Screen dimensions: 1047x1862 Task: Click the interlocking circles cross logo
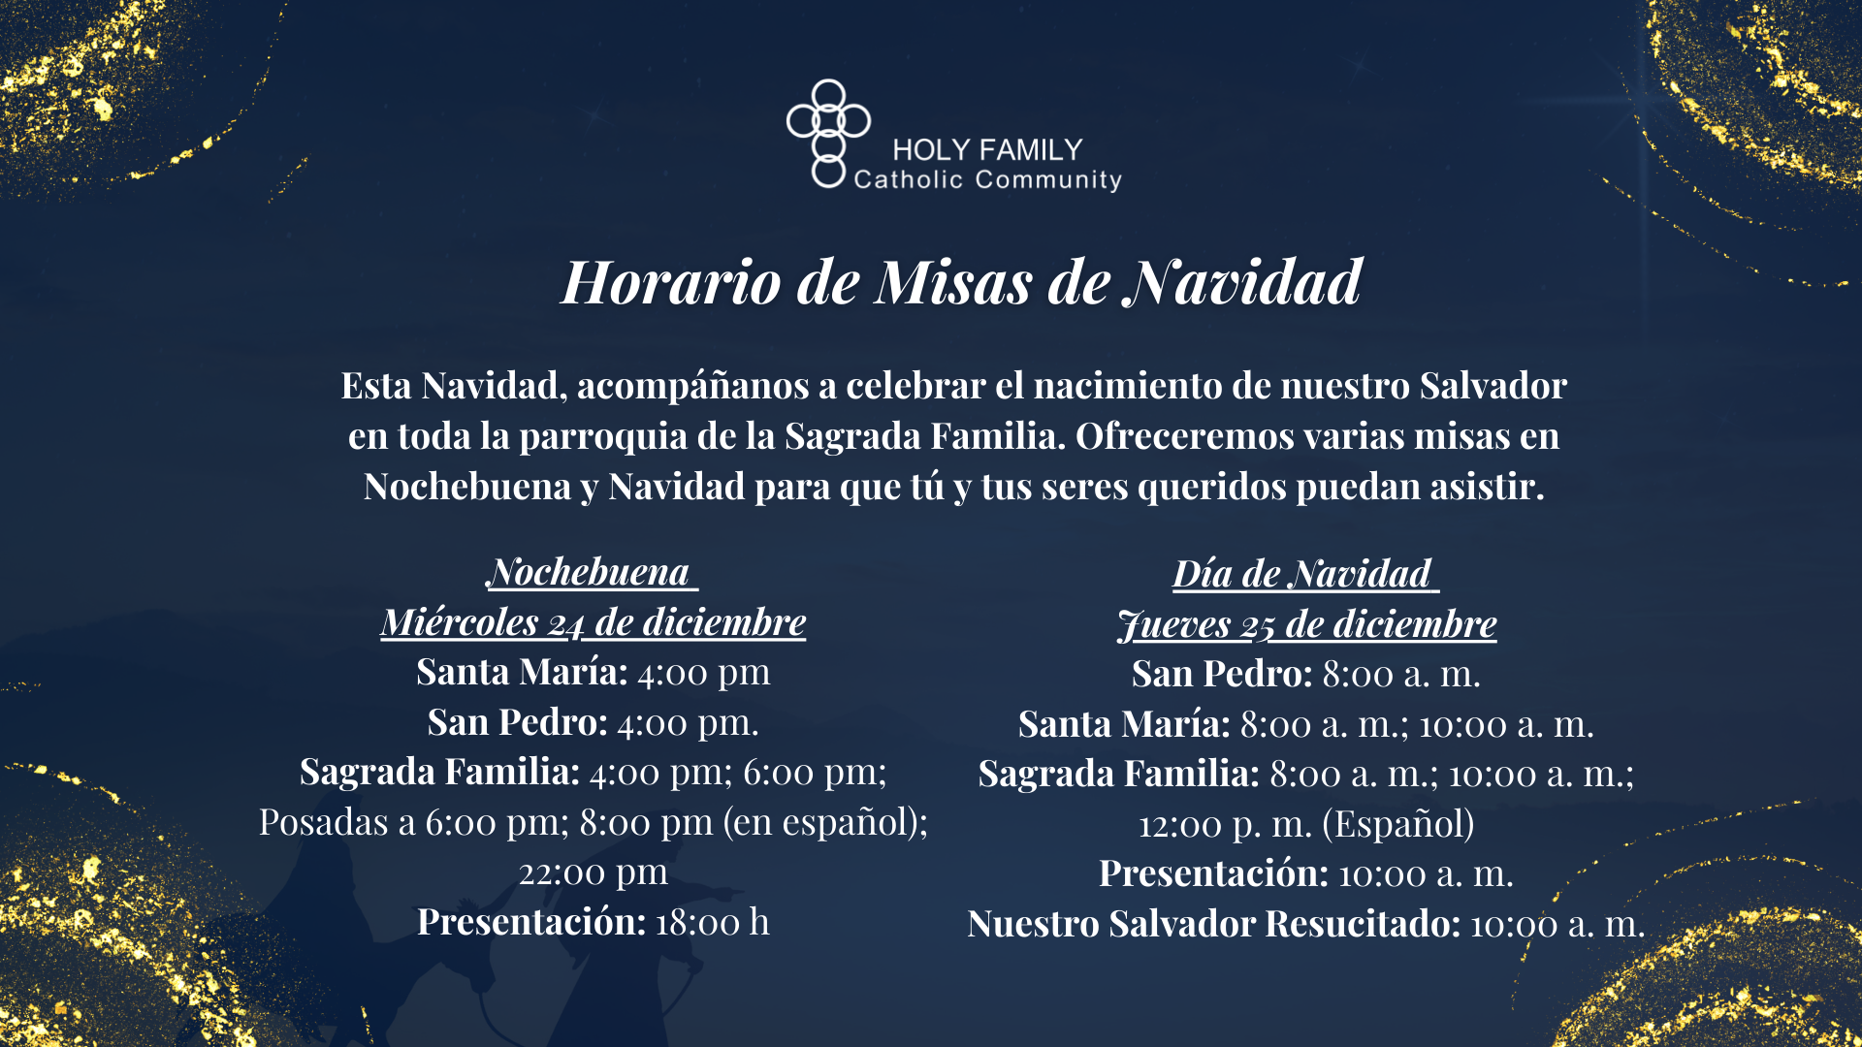827,133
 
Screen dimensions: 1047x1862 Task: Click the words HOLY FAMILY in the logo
986,150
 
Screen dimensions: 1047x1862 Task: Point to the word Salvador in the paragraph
1493,386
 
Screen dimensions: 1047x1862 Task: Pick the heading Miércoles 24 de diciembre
594,622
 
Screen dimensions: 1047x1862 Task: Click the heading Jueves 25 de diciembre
1306,624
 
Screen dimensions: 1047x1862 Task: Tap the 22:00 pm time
594,872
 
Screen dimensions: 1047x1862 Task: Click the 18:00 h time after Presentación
712,922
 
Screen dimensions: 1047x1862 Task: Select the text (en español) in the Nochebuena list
824,822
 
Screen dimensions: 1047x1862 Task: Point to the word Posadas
323,822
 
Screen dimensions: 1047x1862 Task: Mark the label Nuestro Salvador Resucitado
1212,924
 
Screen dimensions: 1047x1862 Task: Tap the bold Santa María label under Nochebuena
522,672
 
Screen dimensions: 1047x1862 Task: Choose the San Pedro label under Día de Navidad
1221,674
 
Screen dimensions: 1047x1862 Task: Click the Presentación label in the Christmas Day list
1212,873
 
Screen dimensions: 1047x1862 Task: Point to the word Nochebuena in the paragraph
467,487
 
